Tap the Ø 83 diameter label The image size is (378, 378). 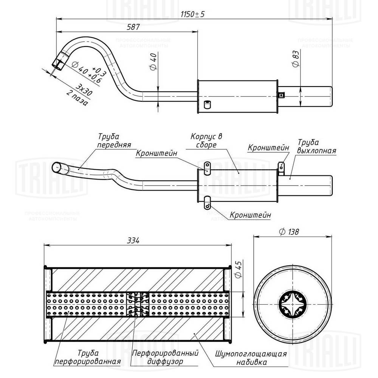tap(295, 59)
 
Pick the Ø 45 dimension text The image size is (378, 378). tap(238, 270)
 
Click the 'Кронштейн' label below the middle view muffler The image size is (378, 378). tap(250, 215)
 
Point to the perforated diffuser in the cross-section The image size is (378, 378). tap(138, 305)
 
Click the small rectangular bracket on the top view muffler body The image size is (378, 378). tap(207, 104)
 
